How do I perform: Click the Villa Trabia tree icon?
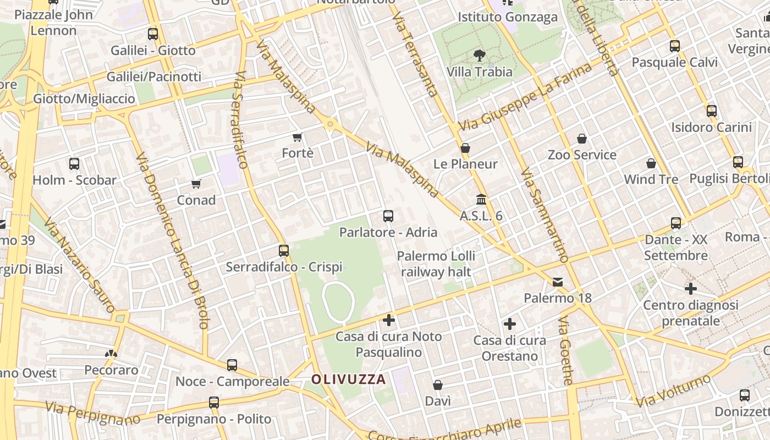coord(480,55)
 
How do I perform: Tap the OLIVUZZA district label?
coord(349,379)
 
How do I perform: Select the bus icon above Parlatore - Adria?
coord(388,216)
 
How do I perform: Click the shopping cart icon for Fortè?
coord(298,136)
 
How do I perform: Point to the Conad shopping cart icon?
coord(196,183)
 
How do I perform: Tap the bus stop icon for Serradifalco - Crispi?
coord(284,251)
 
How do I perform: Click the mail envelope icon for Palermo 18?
coord(558,282)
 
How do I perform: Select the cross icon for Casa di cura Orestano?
coord(510,324)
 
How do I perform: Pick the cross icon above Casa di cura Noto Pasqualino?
coord(389,320)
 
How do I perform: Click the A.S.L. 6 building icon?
coord(481,199)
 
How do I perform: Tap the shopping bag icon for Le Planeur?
coord(465,148)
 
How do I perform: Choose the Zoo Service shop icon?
coord(582,139)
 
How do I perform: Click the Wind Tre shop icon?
coord(651,163)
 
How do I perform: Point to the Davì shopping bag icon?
coord(438,385)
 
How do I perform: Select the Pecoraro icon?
coord(111,354)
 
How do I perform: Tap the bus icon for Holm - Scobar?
coord(74,163)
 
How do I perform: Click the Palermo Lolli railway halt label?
coord(436,263)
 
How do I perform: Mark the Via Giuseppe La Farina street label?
coord(525,97)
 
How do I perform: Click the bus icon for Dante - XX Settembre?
coord(676,223)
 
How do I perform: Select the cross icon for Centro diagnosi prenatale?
coord(691,289)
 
